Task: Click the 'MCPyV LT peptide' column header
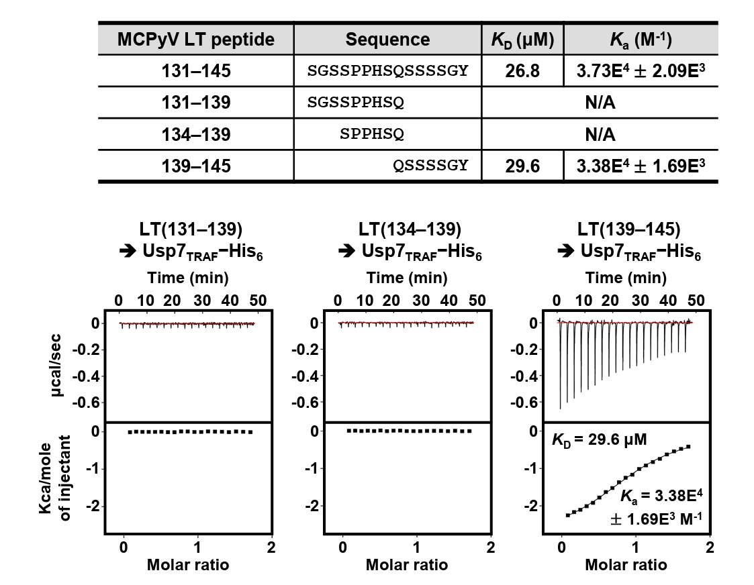pyautogui.click(x=196, y=40)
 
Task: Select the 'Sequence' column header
pyautogui.click(x=387, y=40)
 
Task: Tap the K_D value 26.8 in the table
pyautogui.click(x=522, y=70)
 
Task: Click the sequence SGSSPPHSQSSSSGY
pyautogui.click(x=387, y=70)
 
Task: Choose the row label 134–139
pyautogui.click(x=196, y=134)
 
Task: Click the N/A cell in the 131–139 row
pyautogui.click(x=600, y=103)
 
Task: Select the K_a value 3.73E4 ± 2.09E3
pyautogui.click(x=640, y=70)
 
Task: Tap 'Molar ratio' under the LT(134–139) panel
pyautogui.click(x=407, y=565)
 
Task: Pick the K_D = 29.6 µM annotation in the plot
pyautogui.click(x=591, y=441)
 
